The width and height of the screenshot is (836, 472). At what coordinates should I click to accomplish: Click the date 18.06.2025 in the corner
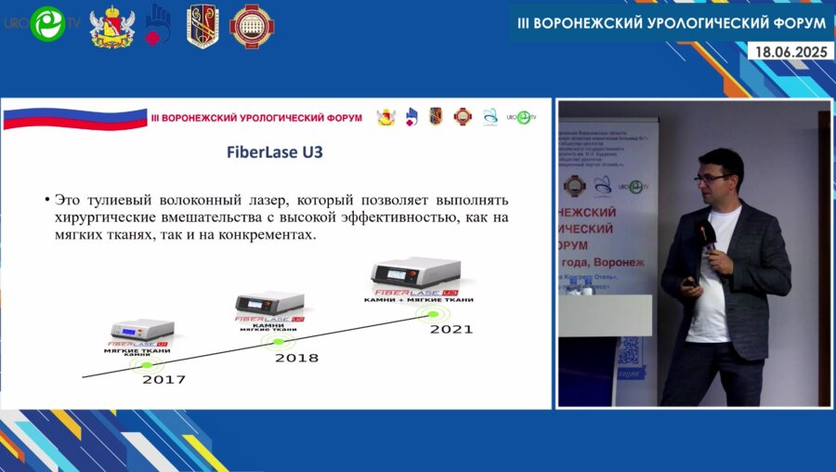[791, 52]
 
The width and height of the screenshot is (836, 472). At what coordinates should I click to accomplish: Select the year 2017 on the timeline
[163, 379]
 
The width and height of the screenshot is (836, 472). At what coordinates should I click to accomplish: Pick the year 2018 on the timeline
[296, 358]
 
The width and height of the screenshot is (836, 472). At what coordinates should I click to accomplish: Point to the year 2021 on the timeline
[451, 329]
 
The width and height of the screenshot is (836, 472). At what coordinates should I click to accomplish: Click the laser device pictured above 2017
[142, 329]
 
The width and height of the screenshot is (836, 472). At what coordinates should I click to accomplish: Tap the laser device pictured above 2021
[415, 271]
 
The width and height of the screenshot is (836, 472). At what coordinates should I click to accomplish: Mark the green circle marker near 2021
[431, 314]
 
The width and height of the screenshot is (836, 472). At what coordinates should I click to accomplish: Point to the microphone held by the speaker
[707, 235]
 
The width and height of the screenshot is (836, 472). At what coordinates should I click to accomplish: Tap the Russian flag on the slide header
[74, 118]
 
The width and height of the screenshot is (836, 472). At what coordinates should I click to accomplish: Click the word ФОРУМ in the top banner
[794, 21]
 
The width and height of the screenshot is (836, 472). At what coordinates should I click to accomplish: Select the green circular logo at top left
[46, 25]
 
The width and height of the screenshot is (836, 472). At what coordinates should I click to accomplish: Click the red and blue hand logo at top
[158, 24]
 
